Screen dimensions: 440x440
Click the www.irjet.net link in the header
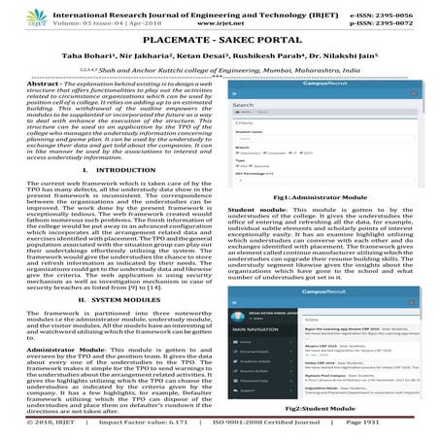coord(220,18)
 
